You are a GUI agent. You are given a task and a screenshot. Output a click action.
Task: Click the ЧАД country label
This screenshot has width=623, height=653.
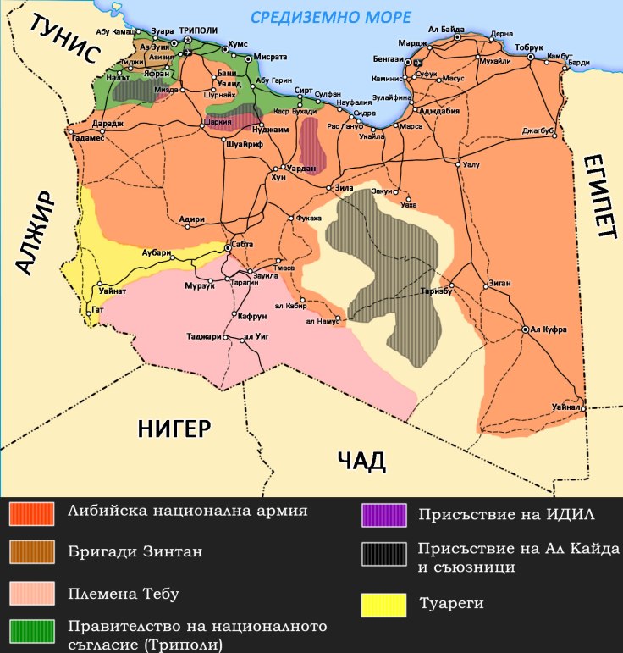361,462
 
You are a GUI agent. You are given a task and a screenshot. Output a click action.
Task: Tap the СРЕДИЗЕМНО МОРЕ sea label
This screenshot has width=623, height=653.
330,17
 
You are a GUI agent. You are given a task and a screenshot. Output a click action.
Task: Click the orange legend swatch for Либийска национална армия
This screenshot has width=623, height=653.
31,512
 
